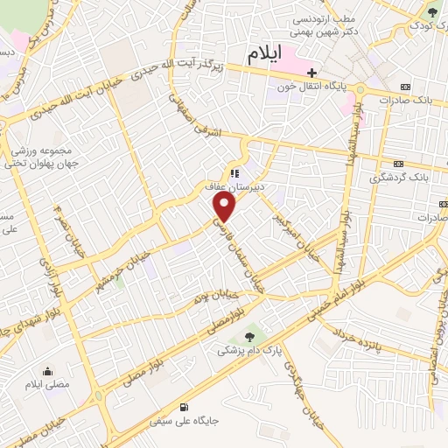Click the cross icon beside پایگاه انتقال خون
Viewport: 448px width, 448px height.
click(x=312, y=72)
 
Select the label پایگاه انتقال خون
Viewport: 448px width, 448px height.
click(x=349, y=87)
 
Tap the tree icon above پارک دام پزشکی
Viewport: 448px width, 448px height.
click(x=252, y=334)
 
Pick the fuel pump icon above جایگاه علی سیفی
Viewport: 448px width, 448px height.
click(x=183, y=407)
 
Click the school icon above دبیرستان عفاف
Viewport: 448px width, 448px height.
click(x=234, y=172)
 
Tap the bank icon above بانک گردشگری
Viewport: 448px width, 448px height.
click(x=399, y=163)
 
